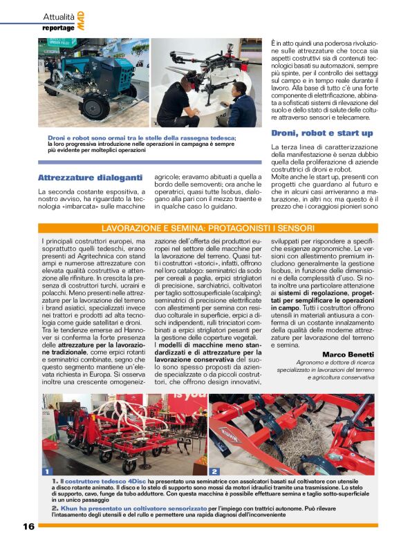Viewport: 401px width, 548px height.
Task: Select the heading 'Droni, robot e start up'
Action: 321,133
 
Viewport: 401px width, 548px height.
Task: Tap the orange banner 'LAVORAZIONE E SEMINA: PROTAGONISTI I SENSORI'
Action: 208,228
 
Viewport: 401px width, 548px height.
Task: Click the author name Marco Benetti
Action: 348,355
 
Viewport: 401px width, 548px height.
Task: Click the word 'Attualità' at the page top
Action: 59,16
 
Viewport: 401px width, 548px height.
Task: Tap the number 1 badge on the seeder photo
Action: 47,471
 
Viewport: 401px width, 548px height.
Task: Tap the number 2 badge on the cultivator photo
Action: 214,471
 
